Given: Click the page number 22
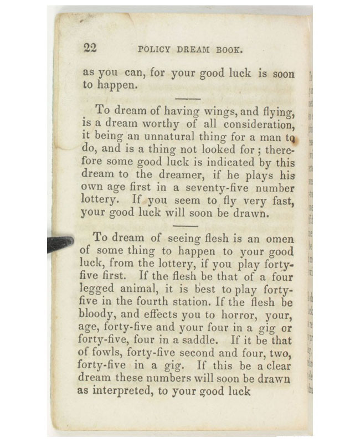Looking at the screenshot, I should coord(90,48).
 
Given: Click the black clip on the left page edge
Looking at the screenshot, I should coord(60,243).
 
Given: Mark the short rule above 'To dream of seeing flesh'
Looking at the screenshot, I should coord(186,226).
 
